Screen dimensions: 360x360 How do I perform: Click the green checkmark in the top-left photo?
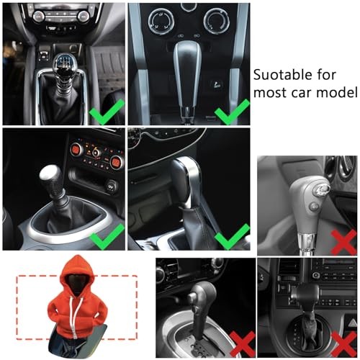[x=107, y=112]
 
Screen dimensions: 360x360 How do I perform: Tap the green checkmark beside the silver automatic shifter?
[x=232, y=112]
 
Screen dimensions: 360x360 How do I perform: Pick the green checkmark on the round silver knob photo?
[x=107, y=236]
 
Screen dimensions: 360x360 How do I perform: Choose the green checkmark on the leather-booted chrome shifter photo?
[x=232, y=236]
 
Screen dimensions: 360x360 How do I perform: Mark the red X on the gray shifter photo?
[x=343, y=242]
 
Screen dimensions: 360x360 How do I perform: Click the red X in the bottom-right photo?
[x=343, y=345]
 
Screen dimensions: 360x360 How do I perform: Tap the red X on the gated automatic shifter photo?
[x=243, y=344]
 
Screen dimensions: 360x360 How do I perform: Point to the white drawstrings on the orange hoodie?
[x=75, y=315]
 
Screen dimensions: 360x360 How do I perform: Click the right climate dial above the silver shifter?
[x=215, y=21]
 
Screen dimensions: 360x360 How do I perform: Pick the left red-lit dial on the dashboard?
[x=76, y=150]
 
